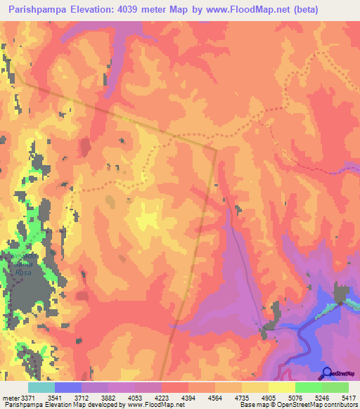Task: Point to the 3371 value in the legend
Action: click(x=26, y=397)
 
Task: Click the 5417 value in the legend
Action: click(x=347, y=397)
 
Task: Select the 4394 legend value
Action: click(x=188, y=397)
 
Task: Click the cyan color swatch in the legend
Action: click(x=41, y=387)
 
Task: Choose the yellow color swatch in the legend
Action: click(x=281, y=387)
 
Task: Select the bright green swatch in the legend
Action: click(x=308, y=387)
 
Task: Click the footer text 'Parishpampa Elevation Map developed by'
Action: click(x=63, y=405)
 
